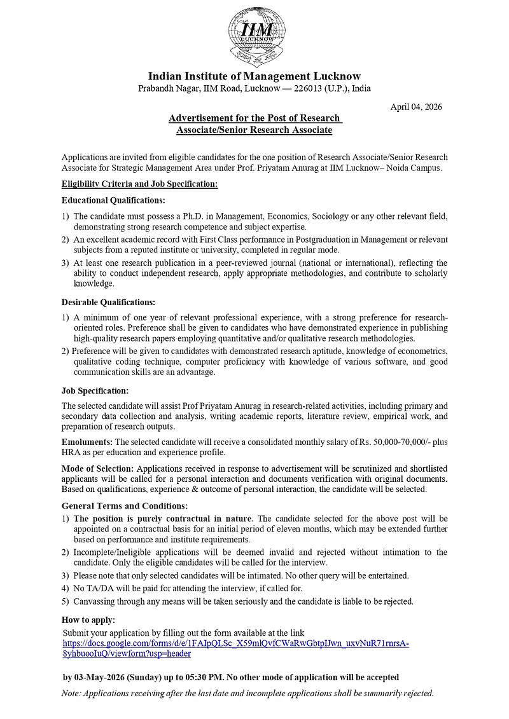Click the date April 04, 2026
(415, 107)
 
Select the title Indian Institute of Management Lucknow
(254, 76)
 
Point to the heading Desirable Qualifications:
(108, 302)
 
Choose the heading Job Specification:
(95, 390)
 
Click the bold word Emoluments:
(87, 441)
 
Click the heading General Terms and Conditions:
(124, 506)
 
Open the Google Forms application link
(235, 643)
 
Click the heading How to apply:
(88, 620)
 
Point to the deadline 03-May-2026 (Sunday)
(120, 677)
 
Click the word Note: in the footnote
(73, 693)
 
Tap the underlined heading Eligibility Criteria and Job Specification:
(139, 184)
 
